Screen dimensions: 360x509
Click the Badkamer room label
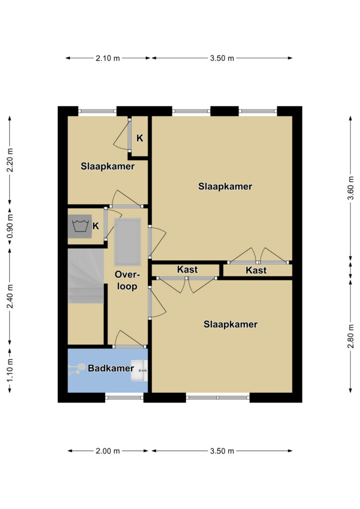pyautogui.click(x=111, y=368)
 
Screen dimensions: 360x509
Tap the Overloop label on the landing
pyautogui.click(x=127, y=280)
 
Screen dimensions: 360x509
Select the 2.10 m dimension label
pyautogui.click(x=108, y=59)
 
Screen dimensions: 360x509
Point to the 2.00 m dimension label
pyautogui.click(x=108, y=451)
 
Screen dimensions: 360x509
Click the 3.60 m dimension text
pyautogui.click(x=351, y=188)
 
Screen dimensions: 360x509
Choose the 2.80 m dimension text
pyautogui.click(x=351, y=336)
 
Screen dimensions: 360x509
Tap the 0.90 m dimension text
pyautogui.click(x=10, y=226)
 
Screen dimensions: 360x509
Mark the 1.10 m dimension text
pyautogui.click(x=10, y=370)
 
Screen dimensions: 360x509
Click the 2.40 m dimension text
pyautogui.click(x=10, y=296)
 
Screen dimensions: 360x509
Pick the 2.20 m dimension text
pyautogui.click(x=10, y=161)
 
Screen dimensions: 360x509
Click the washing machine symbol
pyautogui.click(x=80, y=226)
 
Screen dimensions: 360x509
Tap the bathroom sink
pyautogui.click(x=139, y=370)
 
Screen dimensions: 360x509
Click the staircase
pyautogui.click(x=86, y=276)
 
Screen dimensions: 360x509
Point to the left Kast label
pyautogui.click(x=187, y=269)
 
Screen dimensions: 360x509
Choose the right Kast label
pyautogui.click(x=256, y=270)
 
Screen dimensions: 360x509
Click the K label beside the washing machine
pyautogui.click(x=96, y=226)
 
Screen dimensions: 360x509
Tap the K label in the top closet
pyautogui.click(x=140, y=138)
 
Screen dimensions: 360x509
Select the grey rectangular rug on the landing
pyautogui.click(x=128, y=242)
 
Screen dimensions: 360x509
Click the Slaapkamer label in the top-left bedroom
pyautogui.click(x=108, y=167)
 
